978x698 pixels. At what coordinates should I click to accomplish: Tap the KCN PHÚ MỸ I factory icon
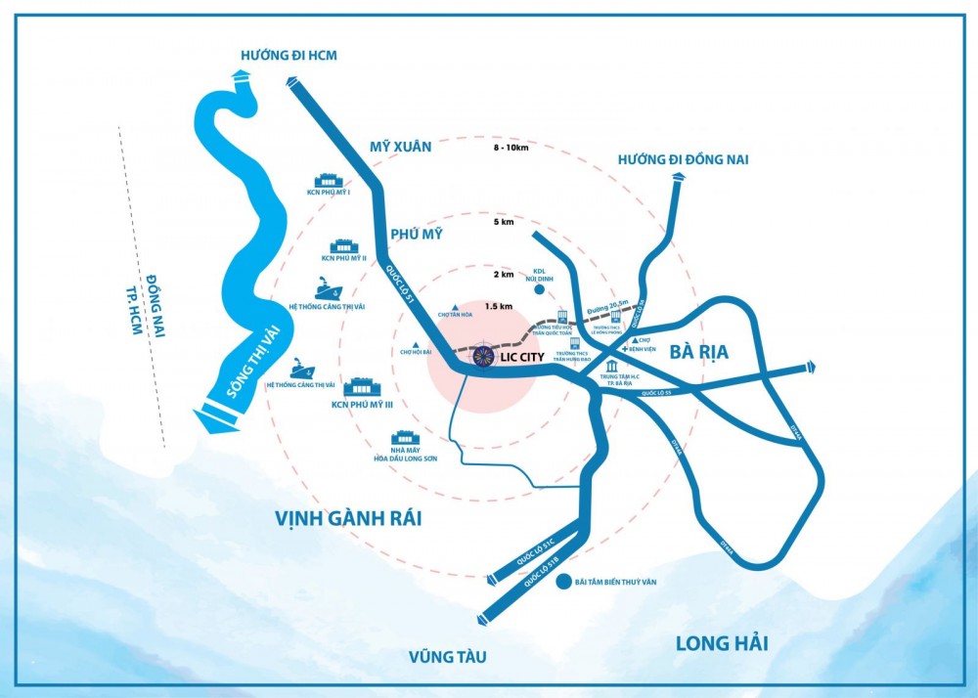click(x=328, y=180)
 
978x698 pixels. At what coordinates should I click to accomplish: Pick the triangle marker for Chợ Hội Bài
click(x=417, y=343)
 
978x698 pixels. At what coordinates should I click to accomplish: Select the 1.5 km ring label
click(x=499, y=306)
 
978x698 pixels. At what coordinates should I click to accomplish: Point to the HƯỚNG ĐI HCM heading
click(x=289, y=56)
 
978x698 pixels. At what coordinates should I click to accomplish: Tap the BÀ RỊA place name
click(x=702, y=351)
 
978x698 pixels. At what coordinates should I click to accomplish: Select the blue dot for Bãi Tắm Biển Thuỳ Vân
click(x=563, y=583)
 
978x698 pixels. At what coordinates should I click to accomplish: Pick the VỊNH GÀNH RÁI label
click(x=349, y=518)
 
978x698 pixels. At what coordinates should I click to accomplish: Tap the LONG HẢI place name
click(x=722, y=642)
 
